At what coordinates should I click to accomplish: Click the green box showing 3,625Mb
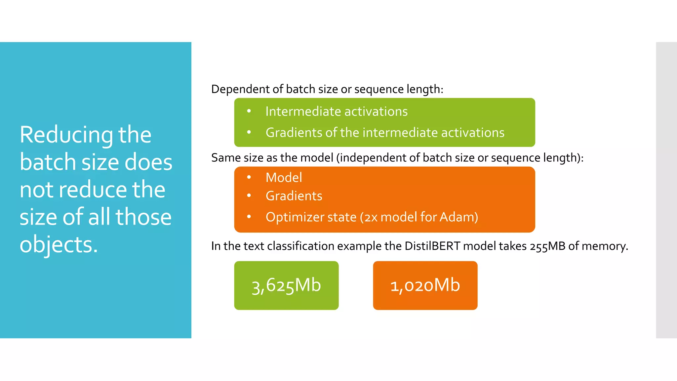[286, 285]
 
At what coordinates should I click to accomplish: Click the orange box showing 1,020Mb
[425, 285]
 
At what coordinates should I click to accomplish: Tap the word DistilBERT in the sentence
[432, 246]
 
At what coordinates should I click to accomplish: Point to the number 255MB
[547, 247]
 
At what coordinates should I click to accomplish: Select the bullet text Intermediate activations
[337, 111]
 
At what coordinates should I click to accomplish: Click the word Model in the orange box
[284, 178]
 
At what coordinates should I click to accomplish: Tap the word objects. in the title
[59, 244]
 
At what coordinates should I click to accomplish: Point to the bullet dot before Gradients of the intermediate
[249, 132]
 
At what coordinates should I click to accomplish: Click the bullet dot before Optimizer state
[249, 217]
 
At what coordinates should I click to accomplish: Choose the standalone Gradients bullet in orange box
[294, 196]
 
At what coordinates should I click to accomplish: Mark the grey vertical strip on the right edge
[666, 190]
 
